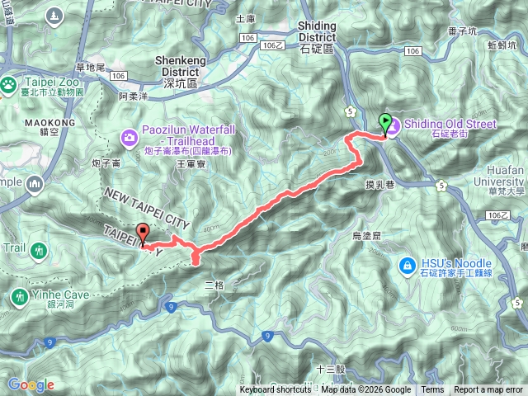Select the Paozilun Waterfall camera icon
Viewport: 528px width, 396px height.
(130, 136)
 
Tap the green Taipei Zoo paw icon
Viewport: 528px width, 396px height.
(8, 84)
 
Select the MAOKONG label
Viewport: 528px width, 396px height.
(57, 123)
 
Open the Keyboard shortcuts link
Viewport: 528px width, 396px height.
(276, 390)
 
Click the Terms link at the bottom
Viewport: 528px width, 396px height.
(431, 390)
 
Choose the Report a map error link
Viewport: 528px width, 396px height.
(488, 390)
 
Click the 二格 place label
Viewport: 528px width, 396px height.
(214, 285)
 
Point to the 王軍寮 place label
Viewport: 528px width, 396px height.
(191, 165)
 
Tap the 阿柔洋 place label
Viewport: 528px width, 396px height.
(133, 97)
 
